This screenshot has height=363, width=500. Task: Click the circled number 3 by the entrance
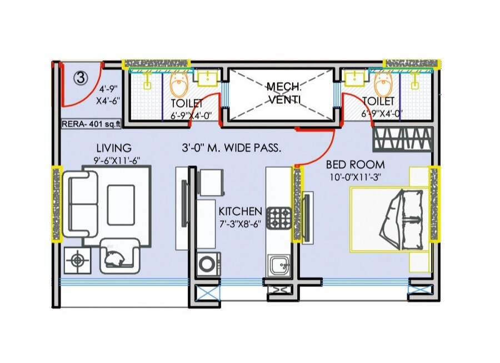[81, 78]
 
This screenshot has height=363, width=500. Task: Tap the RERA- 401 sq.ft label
[91, 124]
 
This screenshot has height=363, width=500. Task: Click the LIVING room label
[114, 148]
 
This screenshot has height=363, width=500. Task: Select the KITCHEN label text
[240, 211]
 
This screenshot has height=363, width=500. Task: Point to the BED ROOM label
[355, 165]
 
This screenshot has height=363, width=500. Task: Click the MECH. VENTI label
[284, 93]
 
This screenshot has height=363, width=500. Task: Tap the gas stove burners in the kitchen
[279, 218]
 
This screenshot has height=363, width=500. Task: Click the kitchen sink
[279, 265]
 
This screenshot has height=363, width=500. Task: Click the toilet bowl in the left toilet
[179, 84]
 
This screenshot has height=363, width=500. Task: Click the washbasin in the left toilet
[208, 78]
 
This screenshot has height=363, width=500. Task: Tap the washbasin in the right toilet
[355, 78]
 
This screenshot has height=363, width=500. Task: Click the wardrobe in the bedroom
[403, 139]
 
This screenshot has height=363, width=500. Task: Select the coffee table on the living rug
[121, 205]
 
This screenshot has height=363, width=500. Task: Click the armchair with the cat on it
[120, 256]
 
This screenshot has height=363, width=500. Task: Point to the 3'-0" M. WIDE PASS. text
[232, 148]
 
